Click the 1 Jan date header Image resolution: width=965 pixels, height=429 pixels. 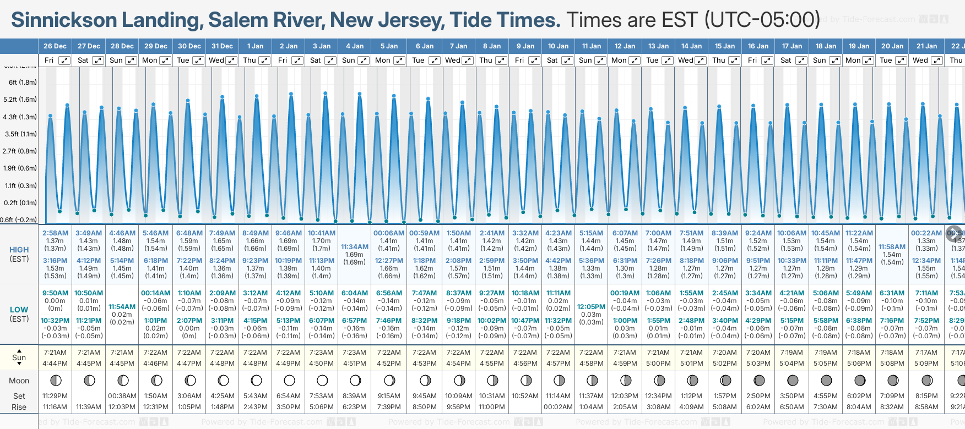255,46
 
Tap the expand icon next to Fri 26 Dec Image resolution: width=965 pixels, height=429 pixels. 64,61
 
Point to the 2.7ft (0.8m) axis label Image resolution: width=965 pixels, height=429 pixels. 20,151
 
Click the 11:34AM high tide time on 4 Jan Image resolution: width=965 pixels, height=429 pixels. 355,247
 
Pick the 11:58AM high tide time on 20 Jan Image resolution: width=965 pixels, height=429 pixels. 892,247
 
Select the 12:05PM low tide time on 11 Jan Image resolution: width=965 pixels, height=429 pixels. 591,307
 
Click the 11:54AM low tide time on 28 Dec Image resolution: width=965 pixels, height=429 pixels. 122,307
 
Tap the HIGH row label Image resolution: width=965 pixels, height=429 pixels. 19,250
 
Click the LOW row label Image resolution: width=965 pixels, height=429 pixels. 19,310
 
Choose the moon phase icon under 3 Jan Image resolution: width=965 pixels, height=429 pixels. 322,380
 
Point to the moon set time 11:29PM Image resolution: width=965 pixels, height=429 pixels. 55,396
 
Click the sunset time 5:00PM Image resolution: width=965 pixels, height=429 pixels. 658,364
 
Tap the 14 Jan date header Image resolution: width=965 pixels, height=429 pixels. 691,46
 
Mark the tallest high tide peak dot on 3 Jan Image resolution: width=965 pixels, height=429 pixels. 326,94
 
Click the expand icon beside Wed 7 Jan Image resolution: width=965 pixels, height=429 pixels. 467,61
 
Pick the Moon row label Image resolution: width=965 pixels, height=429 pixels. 19,381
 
